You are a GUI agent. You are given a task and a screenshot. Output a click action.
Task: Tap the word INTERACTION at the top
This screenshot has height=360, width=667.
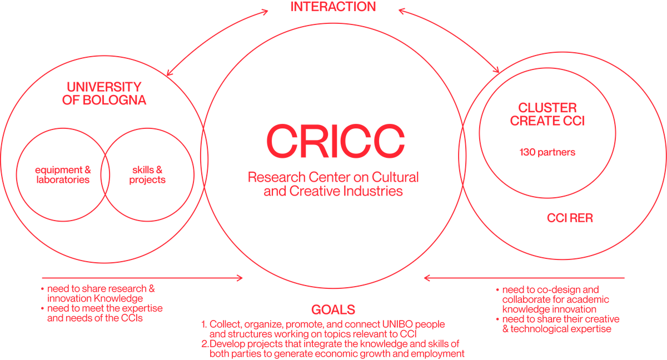(x=333, y=7)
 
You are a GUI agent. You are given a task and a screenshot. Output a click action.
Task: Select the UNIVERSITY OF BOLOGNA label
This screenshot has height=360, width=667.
(x=104, y=94)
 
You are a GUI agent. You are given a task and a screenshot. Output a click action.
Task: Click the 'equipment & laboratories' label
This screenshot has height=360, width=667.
(x=62, y=175)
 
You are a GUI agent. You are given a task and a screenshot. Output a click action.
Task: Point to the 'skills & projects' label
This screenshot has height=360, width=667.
(x=147, y=175)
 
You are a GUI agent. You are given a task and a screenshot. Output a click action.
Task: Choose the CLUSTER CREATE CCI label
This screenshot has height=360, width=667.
(x=547, y=114)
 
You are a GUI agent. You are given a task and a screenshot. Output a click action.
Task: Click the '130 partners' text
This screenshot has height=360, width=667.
(x=547, y=152)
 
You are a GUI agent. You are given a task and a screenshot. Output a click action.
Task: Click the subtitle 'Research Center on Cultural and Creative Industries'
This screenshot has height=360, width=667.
(x=333, y=185)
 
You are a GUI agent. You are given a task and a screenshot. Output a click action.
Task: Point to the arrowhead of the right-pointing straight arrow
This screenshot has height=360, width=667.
(x=240, y=277)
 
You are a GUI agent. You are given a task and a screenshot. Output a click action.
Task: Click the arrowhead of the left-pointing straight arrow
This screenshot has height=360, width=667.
(x=427, y=277)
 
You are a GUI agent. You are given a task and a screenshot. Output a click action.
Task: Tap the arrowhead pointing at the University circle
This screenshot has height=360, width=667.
(x=168, y=71)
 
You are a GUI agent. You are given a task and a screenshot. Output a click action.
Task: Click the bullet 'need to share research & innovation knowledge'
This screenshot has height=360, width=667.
(x=100, y=294)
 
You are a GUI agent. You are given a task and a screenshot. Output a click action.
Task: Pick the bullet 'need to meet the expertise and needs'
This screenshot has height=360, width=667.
(x=103, y=313)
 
